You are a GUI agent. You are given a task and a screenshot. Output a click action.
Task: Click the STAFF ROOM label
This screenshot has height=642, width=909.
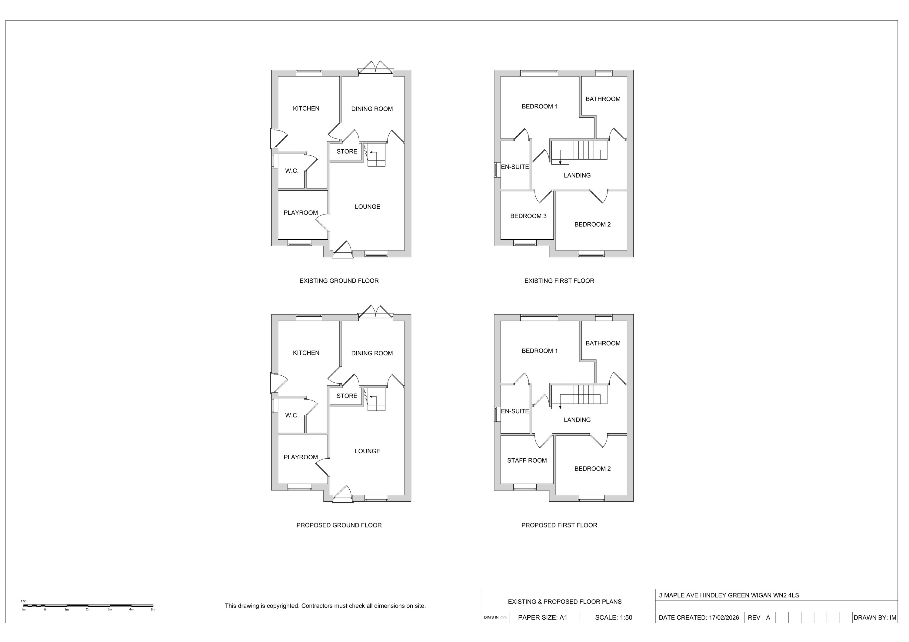527,460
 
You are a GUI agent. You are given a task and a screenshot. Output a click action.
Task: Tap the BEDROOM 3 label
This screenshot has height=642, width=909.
528,216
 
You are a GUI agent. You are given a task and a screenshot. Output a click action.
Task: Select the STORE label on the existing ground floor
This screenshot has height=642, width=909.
347,151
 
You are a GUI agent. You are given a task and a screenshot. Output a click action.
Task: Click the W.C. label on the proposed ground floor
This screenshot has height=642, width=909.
292,415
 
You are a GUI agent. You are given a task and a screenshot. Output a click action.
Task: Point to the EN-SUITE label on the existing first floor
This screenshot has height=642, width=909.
515,167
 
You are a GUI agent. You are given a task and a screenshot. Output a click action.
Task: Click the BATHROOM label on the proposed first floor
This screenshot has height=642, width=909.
603,343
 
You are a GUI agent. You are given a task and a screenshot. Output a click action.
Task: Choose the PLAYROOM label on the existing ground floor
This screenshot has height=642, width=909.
301,213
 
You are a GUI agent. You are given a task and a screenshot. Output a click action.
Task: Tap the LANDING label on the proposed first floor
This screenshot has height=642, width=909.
577,420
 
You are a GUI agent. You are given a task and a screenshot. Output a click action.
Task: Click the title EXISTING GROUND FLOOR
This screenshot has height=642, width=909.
339,281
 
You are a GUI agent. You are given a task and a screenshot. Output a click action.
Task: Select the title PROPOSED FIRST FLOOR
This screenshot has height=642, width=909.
559,525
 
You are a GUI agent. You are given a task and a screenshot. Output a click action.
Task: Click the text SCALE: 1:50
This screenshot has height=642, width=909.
613,617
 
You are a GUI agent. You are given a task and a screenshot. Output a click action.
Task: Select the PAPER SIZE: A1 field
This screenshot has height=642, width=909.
542,617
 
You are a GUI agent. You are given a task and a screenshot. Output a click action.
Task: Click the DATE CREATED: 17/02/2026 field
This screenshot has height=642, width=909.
699,617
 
